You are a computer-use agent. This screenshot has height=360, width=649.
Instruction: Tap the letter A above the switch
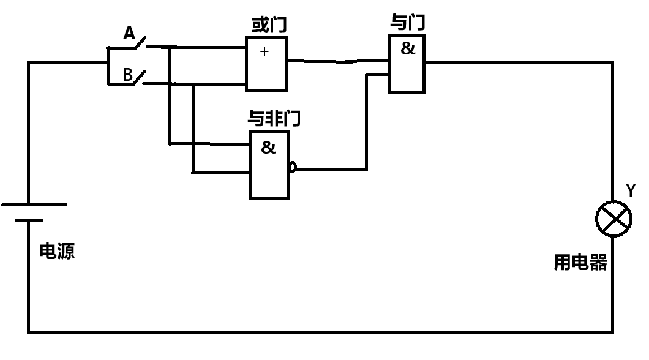[129, 33]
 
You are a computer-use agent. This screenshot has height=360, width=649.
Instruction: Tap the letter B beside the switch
[128, 75]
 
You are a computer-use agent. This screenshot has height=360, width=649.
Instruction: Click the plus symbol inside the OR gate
[264, 51]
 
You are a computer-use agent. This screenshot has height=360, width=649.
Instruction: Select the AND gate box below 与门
[407, 63]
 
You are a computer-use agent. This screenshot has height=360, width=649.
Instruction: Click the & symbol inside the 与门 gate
[407, 49]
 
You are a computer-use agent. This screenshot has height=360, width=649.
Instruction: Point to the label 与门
[408, 23]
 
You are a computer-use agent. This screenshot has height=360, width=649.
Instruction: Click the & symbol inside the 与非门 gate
[268, 148]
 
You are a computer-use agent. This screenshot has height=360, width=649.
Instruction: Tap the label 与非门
[274, 118]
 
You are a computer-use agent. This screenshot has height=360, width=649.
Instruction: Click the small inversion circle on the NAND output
[293, 167]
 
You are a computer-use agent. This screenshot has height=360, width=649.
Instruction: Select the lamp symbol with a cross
[614, 219]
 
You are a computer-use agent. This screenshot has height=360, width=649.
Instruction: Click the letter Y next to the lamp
[630, 191]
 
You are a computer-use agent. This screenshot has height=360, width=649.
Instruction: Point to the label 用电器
[580, 263]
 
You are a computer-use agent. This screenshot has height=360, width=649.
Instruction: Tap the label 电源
[57, 252]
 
